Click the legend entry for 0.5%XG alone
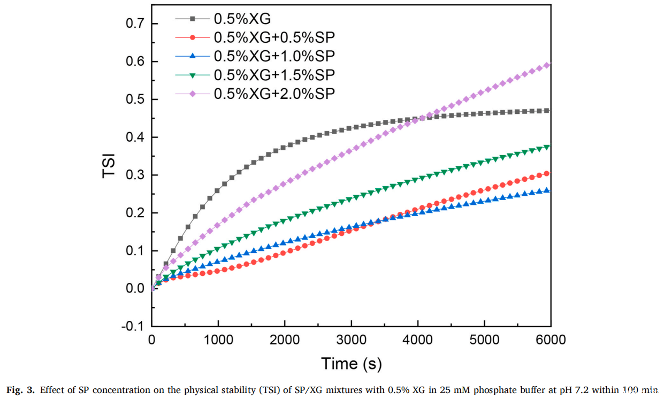(242, 19)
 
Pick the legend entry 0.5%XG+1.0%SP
(274, 56)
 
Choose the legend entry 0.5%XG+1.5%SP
(274, 74)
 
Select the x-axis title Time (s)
(351, 364)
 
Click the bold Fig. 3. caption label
(21, 389)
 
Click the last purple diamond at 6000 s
(547, 65)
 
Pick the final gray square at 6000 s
(547, 111)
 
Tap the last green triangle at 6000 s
(547, 147)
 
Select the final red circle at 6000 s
(547, 173)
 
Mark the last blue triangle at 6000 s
(547, 190)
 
